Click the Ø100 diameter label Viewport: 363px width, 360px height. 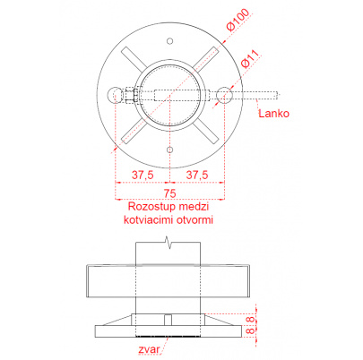[x=238, y=20]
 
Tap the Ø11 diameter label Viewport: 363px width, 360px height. [x=250, y=59]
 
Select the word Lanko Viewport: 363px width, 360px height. [x=273, y=114]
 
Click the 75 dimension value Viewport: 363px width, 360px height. [x=169, y=193]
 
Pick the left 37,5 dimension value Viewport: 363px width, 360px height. [x=143, y=175]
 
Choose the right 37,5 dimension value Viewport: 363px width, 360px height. [x=197, y=175]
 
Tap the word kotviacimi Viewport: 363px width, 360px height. [x=149, y=220]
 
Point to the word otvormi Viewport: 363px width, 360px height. [x=194, y=220]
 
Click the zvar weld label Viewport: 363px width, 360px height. [x=149, y=349]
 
